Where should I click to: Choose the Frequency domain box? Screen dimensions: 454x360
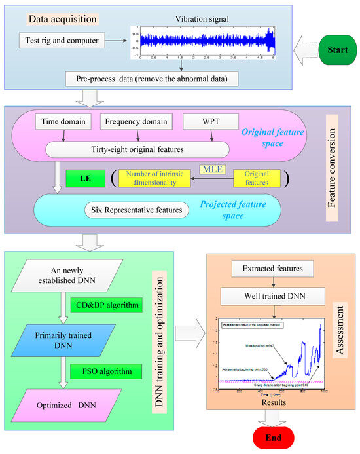pos(136,121)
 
